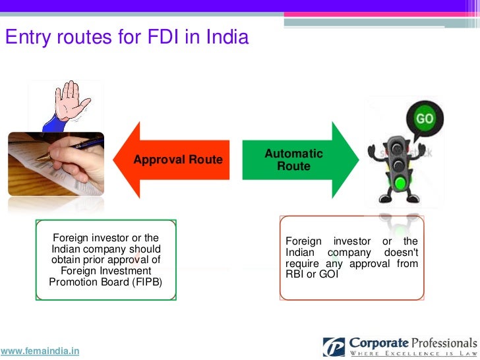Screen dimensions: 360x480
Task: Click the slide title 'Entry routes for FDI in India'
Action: [x=127, y=38]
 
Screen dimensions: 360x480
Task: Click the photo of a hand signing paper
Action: [x=55, y=164]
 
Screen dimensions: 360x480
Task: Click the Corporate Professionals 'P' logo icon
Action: [x=334, y=347]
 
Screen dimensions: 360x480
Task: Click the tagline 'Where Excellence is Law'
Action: [x=412, y=354]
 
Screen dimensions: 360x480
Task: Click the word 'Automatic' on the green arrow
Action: [x=293, y=154]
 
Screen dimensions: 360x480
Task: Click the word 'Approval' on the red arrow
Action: [x=158, y=160]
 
